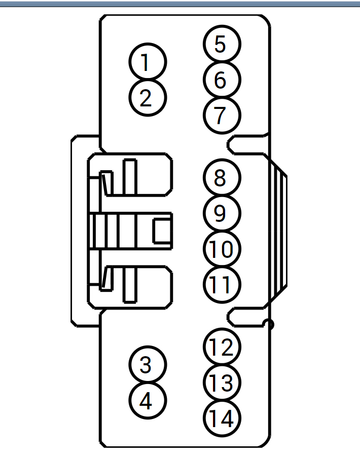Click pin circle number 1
coord(148,62)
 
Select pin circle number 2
coord(148,98)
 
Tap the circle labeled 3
coord(148,365)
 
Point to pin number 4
coord(148,401)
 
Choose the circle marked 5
coord(222,44)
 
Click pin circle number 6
coord(222,80)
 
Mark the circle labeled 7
coord(222,116)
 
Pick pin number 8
coord(222,178)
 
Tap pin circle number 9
coord(222,213)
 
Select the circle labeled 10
coord(222,249)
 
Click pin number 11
coord(222,284)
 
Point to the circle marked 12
coord(222,347)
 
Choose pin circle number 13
coord(222,383)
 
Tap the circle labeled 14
coord(222,418)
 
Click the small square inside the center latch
coord(163,231)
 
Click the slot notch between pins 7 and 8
coord(247,145)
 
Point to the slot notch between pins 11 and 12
coord(247,317)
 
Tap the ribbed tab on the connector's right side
coord(278,231)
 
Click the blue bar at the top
coord(180,4)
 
